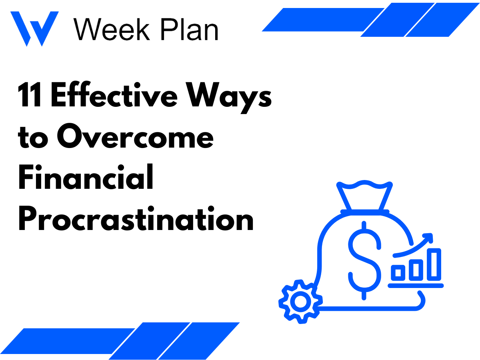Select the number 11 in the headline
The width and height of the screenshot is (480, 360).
(x=30, y=96)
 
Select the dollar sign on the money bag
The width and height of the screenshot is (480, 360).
(x=364, y=260)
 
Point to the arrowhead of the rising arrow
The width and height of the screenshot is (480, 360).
(x=428, y=238)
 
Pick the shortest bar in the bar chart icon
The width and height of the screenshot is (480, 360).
(x=398, y=272)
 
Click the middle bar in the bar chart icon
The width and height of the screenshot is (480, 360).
(x=416, y=269)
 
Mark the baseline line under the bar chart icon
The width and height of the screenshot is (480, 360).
(x=416, y=285)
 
